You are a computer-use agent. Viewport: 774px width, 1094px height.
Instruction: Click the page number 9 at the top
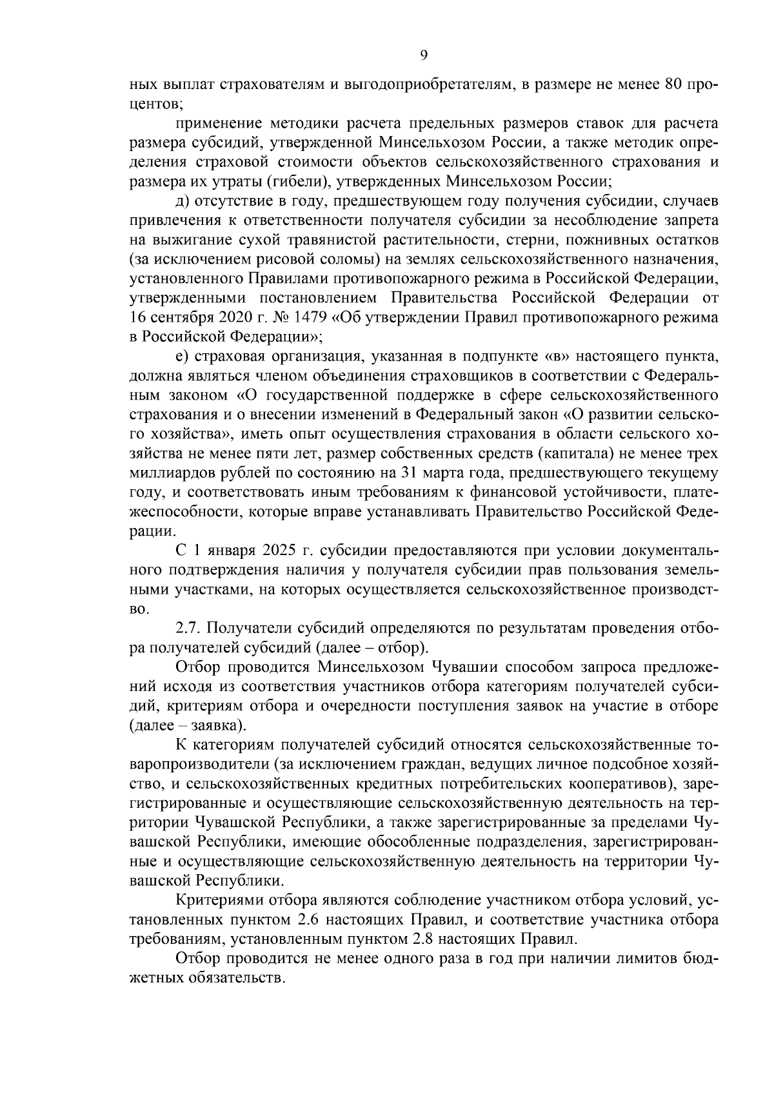pyautogui.click(x=423, y=55)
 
